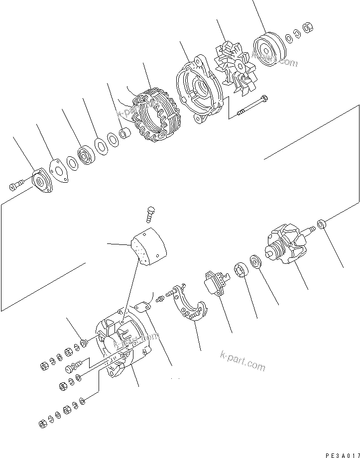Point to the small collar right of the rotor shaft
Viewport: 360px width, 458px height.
pyautogui.click(x=322, y=224)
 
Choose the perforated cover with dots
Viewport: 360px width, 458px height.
pyautogui.click(x=149, y=248)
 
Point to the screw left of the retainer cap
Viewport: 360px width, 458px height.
pyautogui.click(x=14, y=187)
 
